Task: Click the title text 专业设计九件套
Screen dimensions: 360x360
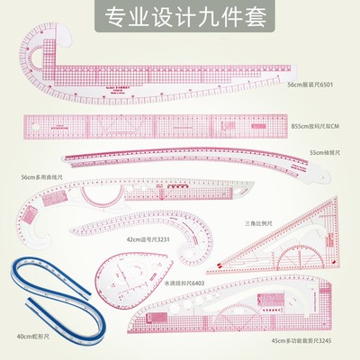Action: pyautogui.click(x=180, y=15)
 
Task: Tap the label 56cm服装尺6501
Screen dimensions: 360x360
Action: pyautogui.click(x=311, y=85)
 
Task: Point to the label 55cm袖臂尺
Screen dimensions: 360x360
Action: pyautogui.click(x=326, y=154)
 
